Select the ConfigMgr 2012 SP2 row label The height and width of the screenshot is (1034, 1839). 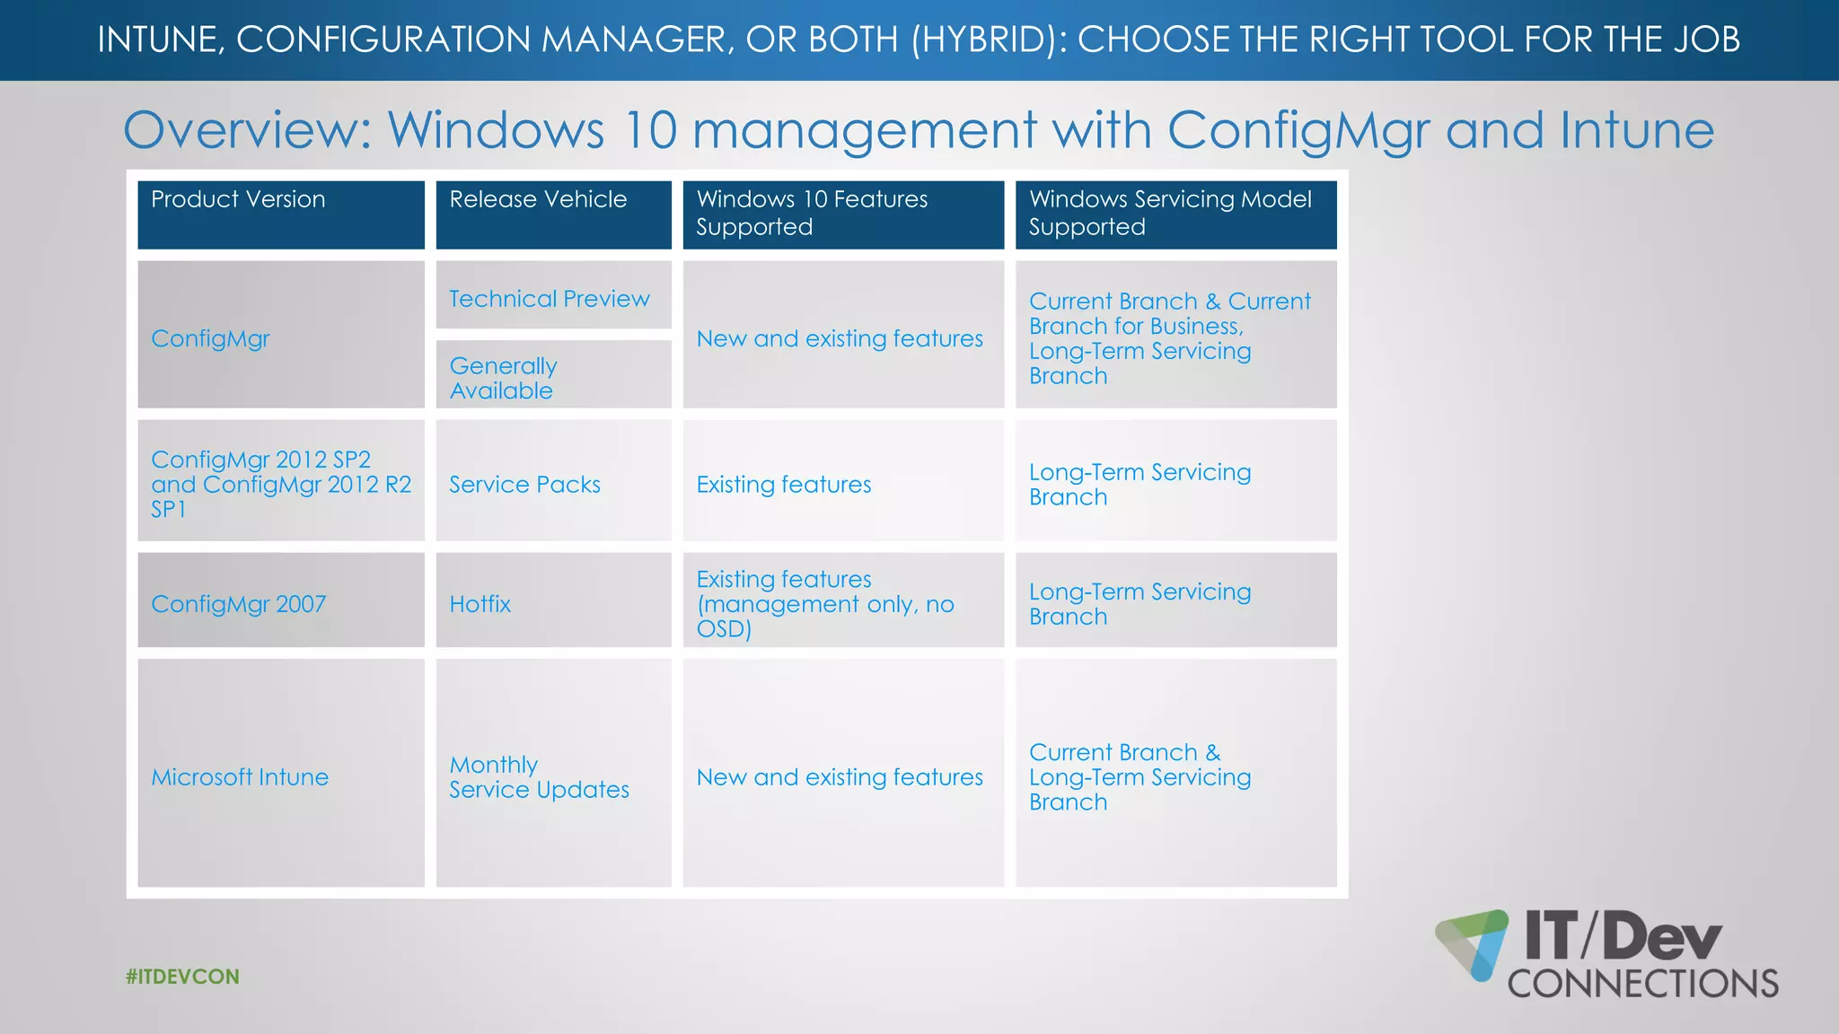coord(280,484)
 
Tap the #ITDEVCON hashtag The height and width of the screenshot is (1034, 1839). coord(183,977)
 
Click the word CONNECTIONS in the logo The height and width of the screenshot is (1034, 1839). coord(1642,984)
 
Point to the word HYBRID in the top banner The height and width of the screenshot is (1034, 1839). coord(983,39)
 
